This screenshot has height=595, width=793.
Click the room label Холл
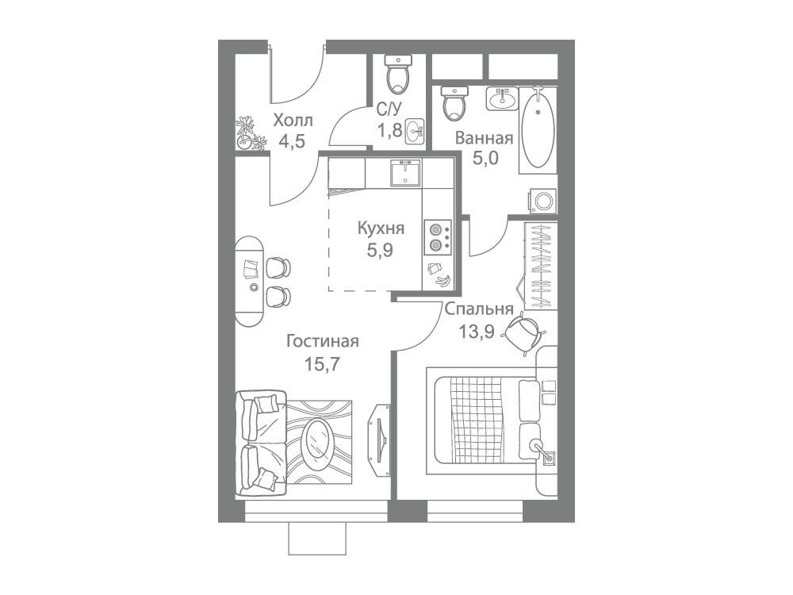tap(293, 121)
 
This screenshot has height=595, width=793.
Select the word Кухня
tap(381, 228)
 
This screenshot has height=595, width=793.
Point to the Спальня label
tap(480, 309)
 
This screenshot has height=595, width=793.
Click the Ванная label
tap(485, 138)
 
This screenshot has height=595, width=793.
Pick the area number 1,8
tap(389, 130)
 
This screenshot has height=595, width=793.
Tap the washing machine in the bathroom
tap(544, 201)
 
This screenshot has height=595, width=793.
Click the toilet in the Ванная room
tap(454, 102)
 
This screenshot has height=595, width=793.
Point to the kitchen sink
tap(404, 172)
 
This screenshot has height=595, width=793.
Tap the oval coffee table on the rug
tap(317, 438)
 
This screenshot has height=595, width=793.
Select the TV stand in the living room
tap(380, 440)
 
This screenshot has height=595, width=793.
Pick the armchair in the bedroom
tap(523, 331)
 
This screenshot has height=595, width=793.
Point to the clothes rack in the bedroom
tap(539, 266)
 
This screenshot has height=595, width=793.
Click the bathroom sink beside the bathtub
tap(502, 98)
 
